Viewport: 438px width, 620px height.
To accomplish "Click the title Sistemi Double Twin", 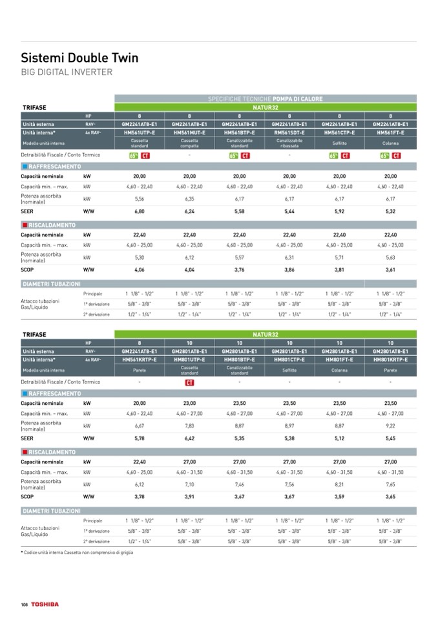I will tap(79, 58).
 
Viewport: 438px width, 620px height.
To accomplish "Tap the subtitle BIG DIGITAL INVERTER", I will tap(67, 72).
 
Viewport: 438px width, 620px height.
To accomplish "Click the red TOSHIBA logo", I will tap(44, 604).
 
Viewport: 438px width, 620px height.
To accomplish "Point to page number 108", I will tap(25, 604).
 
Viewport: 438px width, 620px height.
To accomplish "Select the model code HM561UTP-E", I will tap(140, 132).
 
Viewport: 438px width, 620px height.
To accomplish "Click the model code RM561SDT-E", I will tap(289, 132).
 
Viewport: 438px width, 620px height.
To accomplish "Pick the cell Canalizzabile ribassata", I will tap(289, 143).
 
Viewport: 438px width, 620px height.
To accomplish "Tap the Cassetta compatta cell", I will tap(189, 143).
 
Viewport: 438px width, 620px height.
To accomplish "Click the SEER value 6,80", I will tap(140, 211).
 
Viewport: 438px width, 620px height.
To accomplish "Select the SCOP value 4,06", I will tap(140, 269).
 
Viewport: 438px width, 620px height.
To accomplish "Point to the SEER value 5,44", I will tap(289, 211).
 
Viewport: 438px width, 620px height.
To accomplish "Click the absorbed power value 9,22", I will tap(390, 425).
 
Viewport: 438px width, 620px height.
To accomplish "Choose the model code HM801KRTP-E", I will tap(390, 359).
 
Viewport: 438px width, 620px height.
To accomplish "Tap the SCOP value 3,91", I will tap(189, 497).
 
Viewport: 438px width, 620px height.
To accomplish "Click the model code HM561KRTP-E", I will tap(140, 359).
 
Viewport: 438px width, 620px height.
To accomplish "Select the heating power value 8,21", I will tap(340, 484).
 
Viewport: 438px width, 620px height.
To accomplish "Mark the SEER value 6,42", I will tap(189, 438).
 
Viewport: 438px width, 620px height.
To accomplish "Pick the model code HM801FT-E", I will tap(340, 359).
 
